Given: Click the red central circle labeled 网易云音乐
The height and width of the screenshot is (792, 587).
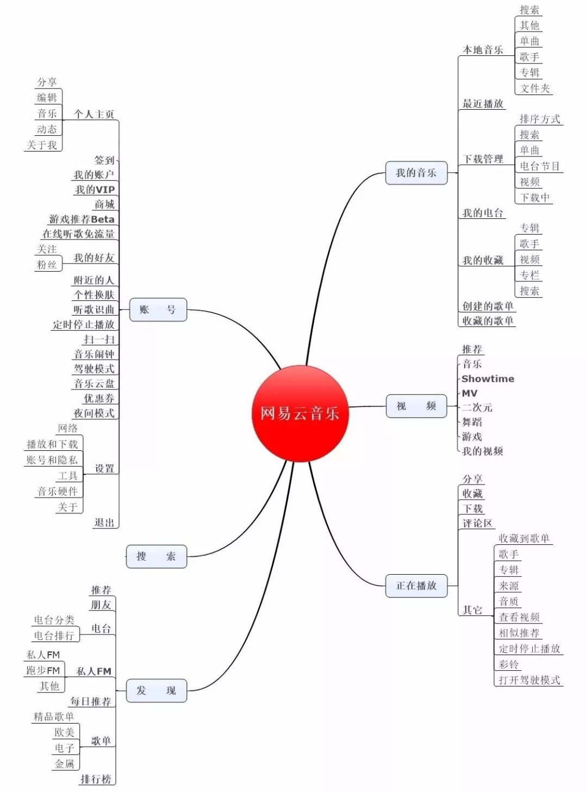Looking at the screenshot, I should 299,413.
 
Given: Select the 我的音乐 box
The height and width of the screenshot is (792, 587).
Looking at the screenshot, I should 416,173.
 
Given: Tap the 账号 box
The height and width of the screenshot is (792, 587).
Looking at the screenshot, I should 158,310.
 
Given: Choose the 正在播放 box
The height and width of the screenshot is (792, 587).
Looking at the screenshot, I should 416,586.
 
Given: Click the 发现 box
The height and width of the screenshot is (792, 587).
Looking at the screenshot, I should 157,690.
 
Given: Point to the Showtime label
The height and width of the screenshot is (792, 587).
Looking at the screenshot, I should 488,379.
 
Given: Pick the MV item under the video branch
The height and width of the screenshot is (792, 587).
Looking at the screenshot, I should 470,393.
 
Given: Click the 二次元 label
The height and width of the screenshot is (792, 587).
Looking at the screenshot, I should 477,407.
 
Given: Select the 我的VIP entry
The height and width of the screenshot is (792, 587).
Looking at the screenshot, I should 95,190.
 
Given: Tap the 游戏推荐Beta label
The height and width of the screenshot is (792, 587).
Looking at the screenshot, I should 82,219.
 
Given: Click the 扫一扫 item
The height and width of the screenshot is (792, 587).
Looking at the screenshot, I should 99,340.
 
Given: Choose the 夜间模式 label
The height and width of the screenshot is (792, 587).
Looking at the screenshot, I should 94,413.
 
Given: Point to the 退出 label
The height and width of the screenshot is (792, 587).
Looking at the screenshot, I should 104,523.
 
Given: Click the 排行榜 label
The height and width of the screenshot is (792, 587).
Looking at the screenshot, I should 96,779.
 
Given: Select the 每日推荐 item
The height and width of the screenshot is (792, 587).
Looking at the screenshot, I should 91,701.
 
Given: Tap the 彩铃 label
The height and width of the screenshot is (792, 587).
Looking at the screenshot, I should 509,664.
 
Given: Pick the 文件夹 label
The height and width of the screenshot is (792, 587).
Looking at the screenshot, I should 535,89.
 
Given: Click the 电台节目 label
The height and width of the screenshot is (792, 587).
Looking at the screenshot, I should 540,166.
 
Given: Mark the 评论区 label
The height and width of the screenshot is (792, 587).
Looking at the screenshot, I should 477,524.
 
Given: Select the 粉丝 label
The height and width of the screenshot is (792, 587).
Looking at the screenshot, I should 47,265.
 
